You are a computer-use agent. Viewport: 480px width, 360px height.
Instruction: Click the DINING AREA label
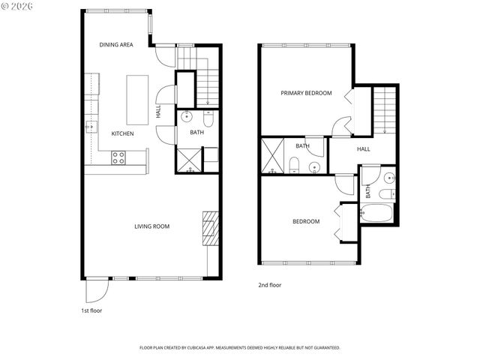(x=116, y=45)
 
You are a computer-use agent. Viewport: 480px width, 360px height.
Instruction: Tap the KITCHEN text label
(x=123, y=133)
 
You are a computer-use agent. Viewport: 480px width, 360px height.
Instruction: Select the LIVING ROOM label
(x=151, y=226)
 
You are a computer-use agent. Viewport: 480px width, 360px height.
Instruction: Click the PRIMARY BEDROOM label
(x=306, y=93)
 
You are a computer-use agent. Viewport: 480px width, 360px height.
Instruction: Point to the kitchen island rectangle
(x=137, y=100)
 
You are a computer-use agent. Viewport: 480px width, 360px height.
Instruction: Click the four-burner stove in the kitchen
(x=118, y=157)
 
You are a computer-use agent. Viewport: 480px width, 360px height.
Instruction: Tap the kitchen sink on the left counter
(x=91, y=126)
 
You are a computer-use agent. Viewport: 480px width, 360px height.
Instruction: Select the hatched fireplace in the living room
(x=211, y=229)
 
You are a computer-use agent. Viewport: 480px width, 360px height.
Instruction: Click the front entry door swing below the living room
(x=97, y=289)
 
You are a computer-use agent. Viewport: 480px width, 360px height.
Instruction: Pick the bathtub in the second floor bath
(x=377, y=213)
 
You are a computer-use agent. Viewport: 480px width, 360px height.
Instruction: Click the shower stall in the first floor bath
(x=189, y=160)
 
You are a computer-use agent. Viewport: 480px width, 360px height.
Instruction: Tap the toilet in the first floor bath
(x=208, y=119)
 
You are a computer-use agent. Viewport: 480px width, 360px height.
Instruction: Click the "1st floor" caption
(x=91, y=310)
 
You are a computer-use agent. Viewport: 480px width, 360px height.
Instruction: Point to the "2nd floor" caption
(x=270, y=285)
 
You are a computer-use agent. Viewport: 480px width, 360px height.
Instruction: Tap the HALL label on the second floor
(x=364, y=149)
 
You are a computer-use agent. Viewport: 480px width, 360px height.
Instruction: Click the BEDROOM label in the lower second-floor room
(x=306, y=221)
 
